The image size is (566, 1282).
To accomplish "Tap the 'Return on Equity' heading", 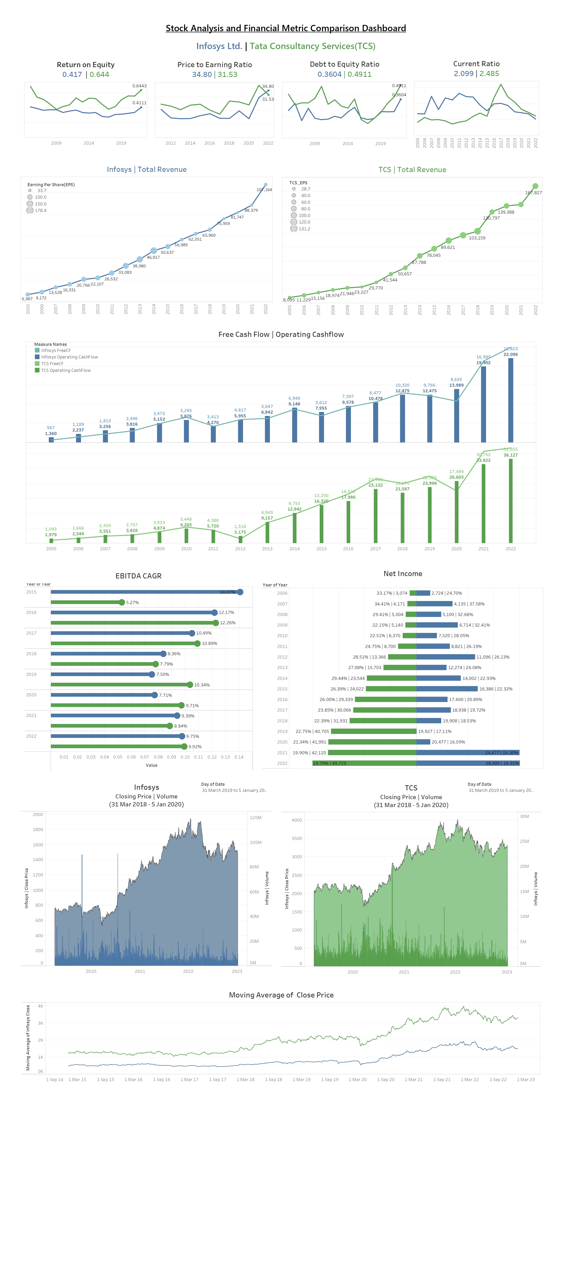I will [x=86, y=65].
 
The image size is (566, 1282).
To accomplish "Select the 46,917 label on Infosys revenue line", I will [x=153, y=257].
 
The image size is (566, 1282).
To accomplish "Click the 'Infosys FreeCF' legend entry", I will [x=56, y=350].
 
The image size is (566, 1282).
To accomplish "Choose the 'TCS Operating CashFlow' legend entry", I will [x=66, y=370].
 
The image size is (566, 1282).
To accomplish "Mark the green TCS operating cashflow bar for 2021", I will [x=483, y=503].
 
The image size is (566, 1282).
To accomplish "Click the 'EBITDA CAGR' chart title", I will [x=138, y=576].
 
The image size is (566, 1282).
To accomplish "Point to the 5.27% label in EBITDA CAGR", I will [x=132, y=603].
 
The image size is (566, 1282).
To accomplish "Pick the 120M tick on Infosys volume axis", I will [x=256, y=818].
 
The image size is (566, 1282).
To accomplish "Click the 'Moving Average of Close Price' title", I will [x=281, y=995].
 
